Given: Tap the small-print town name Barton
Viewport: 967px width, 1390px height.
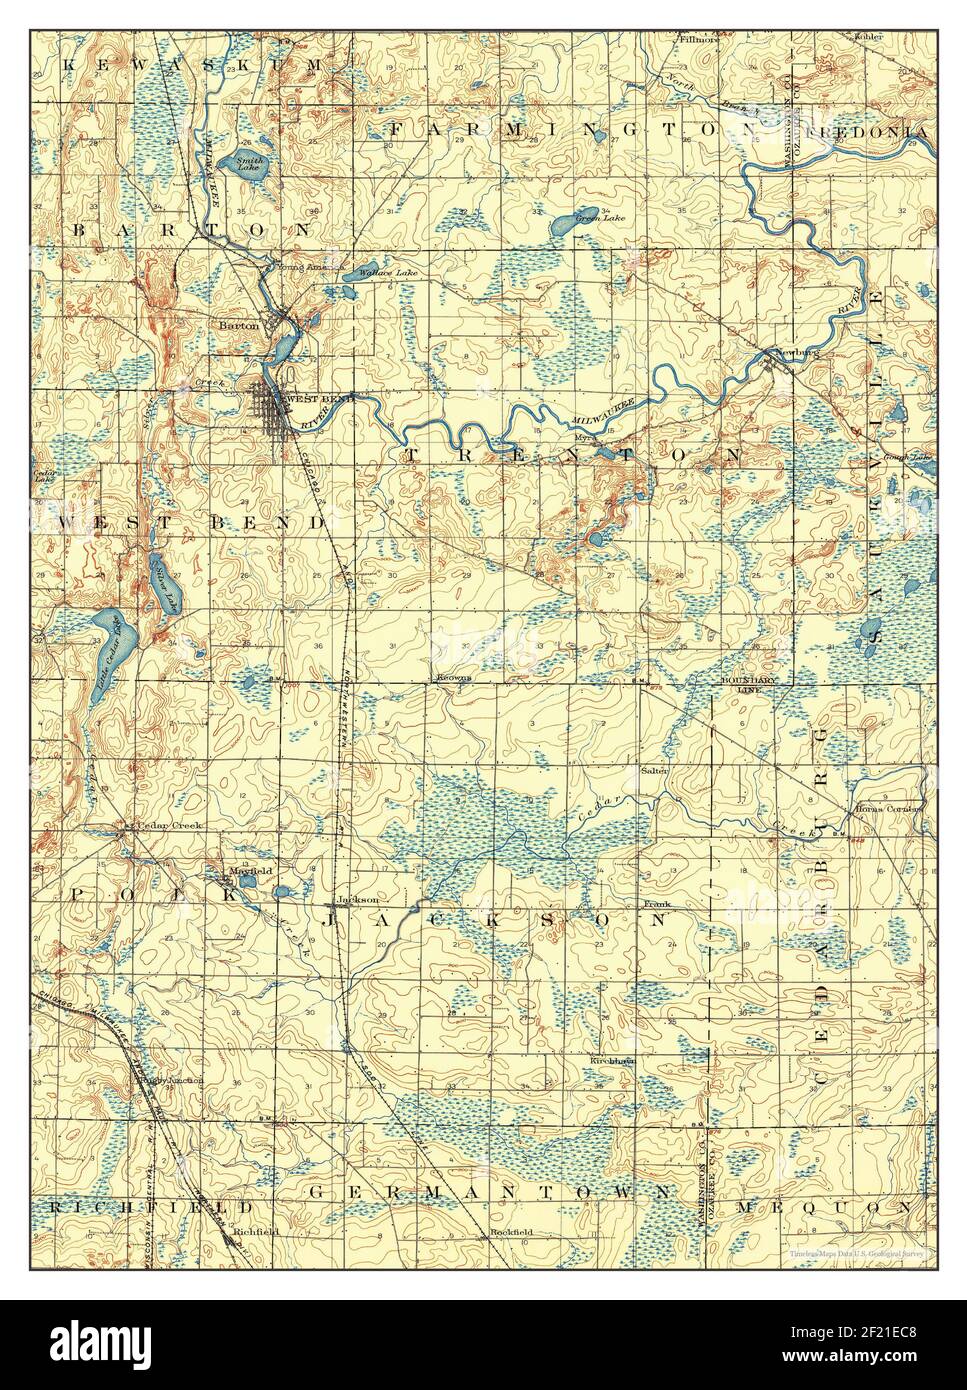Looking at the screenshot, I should (241, 325).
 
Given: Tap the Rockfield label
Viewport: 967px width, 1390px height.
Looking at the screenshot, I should (511, 1232).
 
